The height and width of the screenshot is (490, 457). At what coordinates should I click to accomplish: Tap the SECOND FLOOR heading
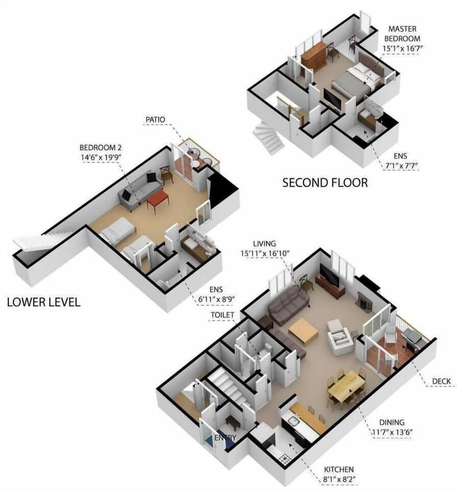click(325, 182)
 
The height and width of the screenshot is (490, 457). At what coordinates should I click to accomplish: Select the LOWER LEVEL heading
click(43, 302)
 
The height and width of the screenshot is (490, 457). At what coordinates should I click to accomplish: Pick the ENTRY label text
click(224, 438)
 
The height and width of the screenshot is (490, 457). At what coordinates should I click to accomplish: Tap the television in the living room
click(329, 276)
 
